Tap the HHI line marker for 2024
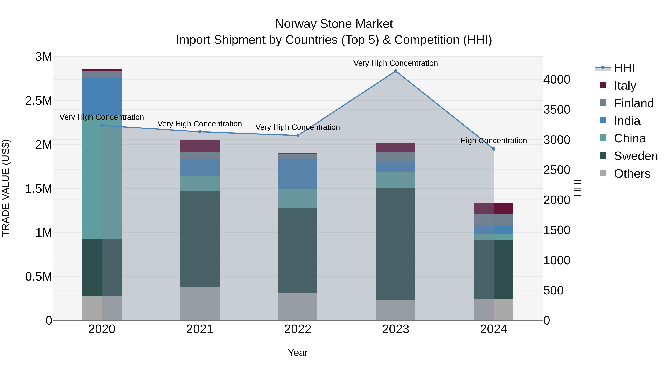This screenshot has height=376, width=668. tap(493, 149)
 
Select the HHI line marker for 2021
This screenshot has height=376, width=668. tap(200, 132)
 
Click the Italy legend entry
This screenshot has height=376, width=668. tap(625, 85)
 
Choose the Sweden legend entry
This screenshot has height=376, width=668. tap(636, 156)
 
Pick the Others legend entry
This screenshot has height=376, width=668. tap(632, 174)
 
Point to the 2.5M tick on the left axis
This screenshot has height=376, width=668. tap(39, 101)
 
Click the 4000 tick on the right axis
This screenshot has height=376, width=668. tap(557, 79)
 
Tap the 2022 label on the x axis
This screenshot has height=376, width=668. tap(297, 329)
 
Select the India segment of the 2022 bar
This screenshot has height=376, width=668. tap(297, 174)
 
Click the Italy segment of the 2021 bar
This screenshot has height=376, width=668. tap(200, 146)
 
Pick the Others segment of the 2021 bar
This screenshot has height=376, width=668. tap(200, 304)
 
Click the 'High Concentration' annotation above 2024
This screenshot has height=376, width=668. tap(493, 141)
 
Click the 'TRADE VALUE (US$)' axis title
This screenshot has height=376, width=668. tap(6, 188)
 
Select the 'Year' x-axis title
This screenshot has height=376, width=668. tap(297, 353)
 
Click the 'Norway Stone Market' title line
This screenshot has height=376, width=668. tap(334, 24)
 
